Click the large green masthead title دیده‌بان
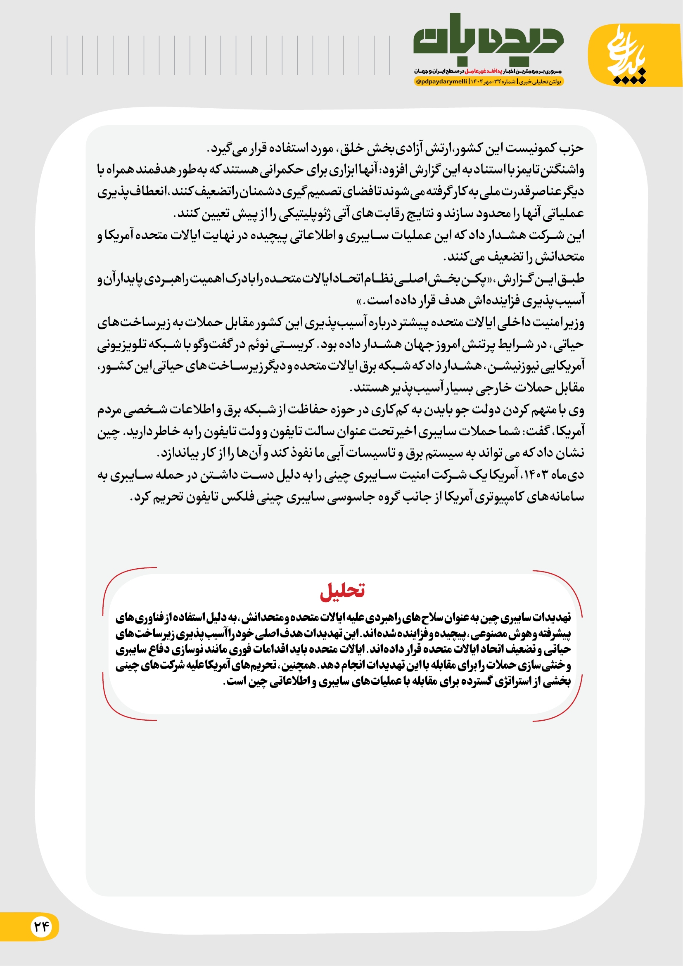coord(488,40)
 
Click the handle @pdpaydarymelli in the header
coord(441,82)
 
